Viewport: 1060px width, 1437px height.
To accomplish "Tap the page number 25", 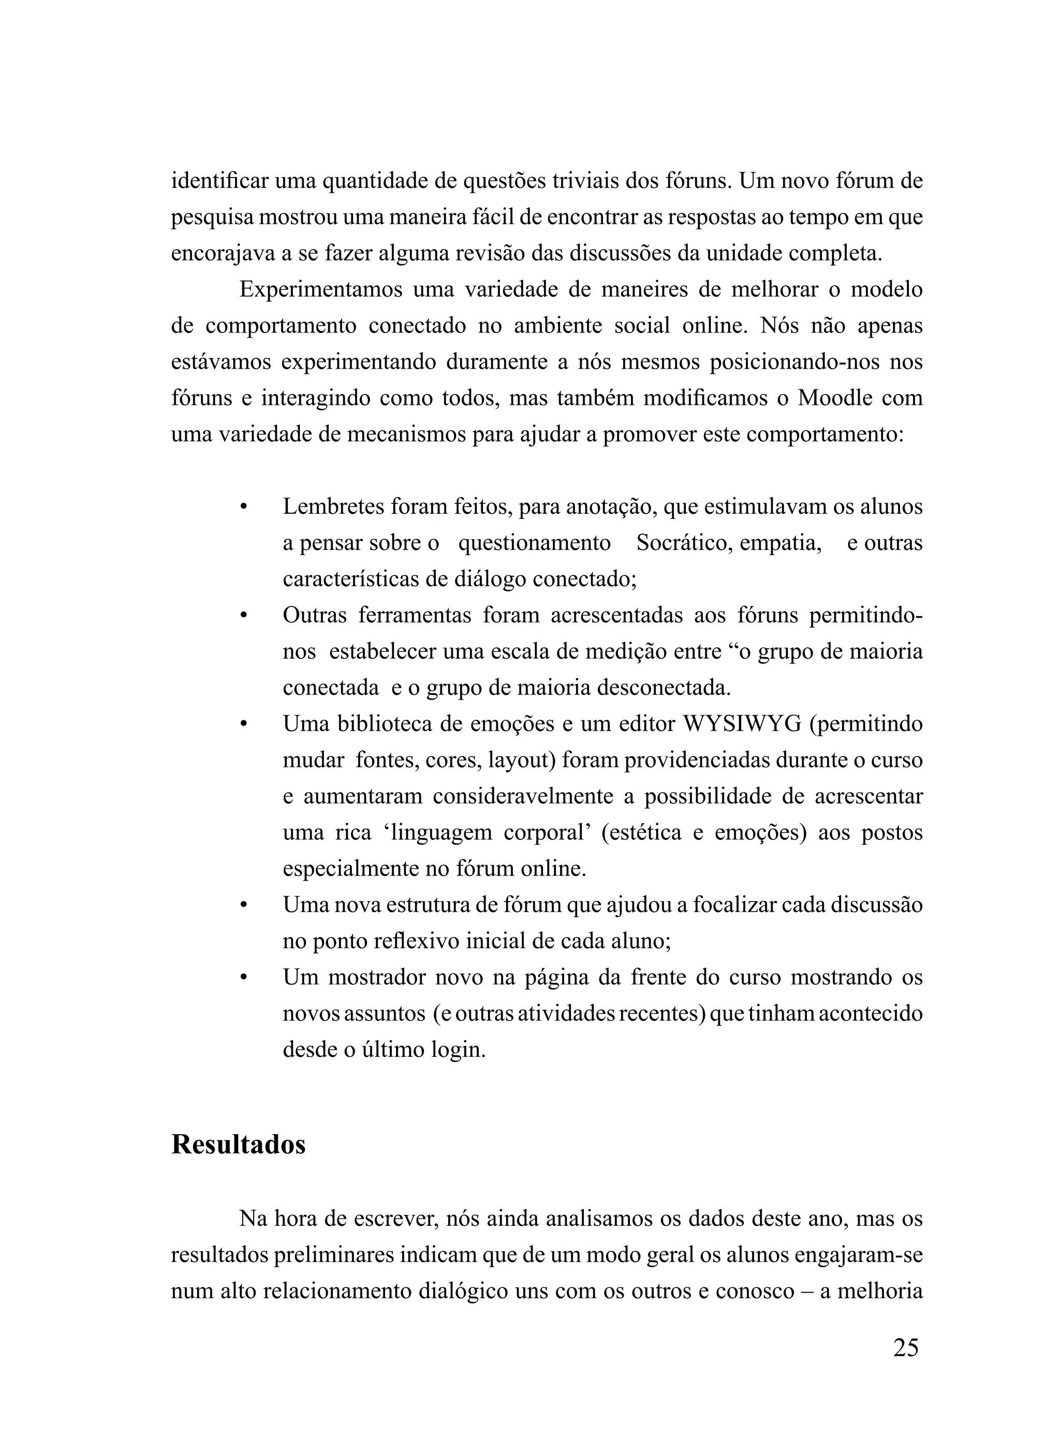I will [905, 1348].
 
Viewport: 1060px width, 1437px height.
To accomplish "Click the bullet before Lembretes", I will [243, 507].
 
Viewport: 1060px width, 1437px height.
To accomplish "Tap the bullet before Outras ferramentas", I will [243, 616].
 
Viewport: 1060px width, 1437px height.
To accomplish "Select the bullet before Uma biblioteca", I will [243, 724].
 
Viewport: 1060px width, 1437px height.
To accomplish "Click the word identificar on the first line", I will [219, 181].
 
